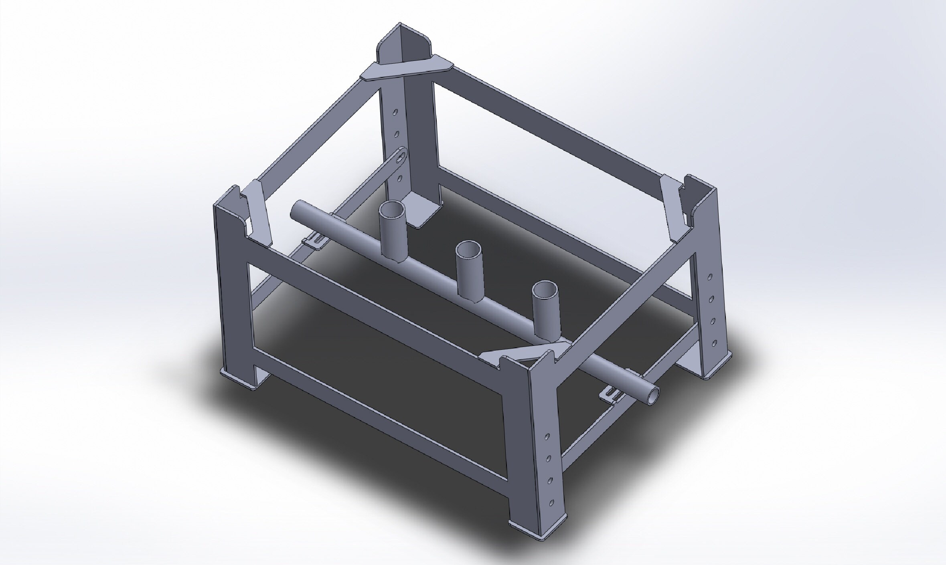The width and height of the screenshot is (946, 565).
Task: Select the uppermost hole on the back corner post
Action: coord(396,113)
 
